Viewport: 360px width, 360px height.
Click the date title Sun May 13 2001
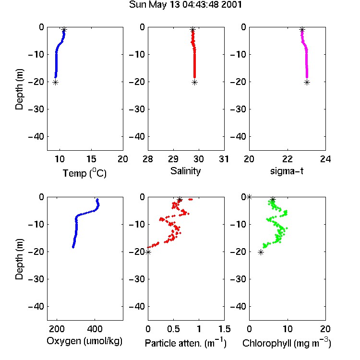(185, 5)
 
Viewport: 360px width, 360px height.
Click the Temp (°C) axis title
(84, 173)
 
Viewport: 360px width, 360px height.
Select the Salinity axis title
(185, 171)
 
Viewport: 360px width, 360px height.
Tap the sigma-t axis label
(287, 171)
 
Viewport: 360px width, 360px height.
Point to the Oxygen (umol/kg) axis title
(84, 341)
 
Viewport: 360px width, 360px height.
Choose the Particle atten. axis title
(185, 343)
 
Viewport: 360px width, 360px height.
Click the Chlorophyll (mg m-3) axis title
(287, 343)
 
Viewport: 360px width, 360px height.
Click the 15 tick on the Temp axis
(91, 159)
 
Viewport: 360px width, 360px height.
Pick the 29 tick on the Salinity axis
(173, 159)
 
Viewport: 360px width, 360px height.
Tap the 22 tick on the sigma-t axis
(287, 159)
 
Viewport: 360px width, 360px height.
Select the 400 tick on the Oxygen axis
(95, 329)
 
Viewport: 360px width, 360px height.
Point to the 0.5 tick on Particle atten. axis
(173, 329)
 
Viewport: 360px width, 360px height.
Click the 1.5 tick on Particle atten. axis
(224, 329)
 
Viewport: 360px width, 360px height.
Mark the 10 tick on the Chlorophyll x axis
(287, 329)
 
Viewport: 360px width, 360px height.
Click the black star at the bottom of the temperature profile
(55, 83)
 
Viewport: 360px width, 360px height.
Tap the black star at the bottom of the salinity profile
(195, 83)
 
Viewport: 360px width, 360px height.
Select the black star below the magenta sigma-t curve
(307, 83)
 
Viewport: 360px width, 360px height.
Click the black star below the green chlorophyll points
(261, 252)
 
